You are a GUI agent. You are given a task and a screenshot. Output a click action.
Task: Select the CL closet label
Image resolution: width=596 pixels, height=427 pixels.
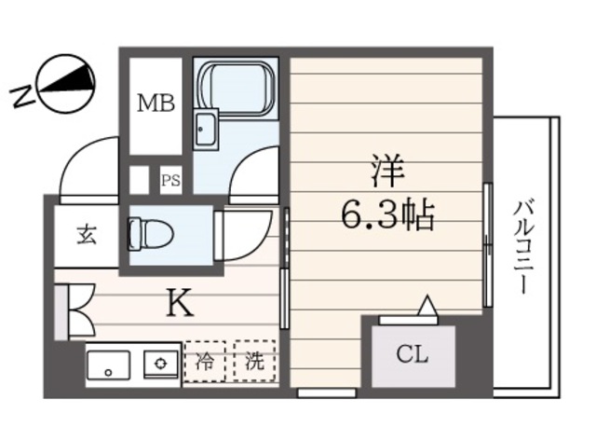click(x=413, y=355)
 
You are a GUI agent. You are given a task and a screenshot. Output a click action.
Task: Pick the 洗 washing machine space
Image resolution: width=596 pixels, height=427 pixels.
click(x=253, y=362)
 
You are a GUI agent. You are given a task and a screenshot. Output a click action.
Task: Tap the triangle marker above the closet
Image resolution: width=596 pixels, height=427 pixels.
click(x=427, y=305)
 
